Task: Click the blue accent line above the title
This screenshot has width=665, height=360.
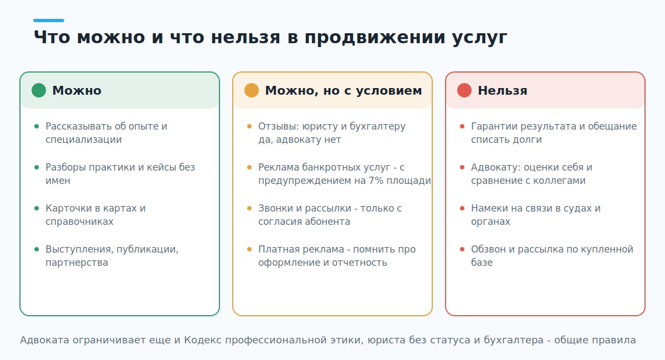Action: tap(49, 20)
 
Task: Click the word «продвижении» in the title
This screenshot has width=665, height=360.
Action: tap(375, 38)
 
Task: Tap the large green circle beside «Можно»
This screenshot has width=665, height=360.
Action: tap(39, 90)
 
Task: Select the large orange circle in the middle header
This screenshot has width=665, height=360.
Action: tap(252, 90)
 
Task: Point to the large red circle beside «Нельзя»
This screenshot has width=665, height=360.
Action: tap(464, 90)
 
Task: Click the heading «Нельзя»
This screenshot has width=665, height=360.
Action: tap(502, 90)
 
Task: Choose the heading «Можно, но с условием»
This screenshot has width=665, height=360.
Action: tap(343, 90)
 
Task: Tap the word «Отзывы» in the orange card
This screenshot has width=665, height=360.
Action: tap(278, 126)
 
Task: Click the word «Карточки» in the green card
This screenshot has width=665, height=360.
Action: tap(69, 208)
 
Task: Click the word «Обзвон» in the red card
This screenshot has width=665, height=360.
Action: tap(488, 249)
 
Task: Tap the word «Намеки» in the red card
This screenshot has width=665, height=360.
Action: tap(489, 208)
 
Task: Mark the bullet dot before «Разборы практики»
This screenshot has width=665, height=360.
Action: tap(37, 167)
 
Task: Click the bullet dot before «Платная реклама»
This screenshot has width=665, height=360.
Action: tap(249, 249)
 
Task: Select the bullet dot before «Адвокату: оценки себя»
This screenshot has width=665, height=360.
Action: tap(462, 167)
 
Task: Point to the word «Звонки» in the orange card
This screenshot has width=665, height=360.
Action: tap(275, 208)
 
